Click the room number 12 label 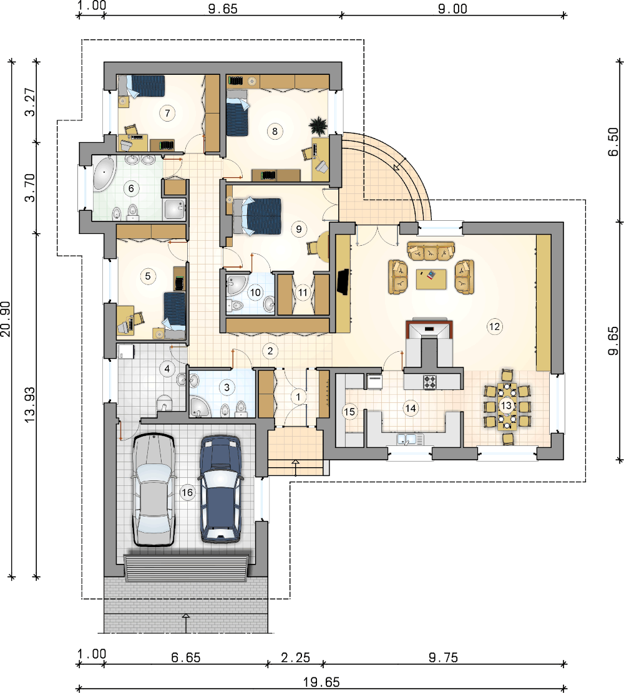tap(494, 327)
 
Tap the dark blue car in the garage tap(221, 489)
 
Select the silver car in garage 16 tap(153, 489)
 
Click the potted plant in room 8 tap(318, 125)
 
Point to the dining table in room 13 tap(506, 406)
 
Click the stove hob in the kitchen tap(430, 382)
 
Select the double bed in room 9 tap(257, 216)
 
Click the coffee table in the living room tap(431, 279)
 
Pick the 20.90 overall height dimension tap(6, 319)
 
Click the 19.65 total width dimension tap(321, 682)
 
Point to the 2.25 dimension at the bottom tap(295, 657)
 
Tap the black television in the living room tap(343, 282)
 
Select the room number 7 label tap(167, 113)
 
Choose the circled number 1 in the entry tap(298, 397)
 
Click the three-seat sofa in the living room tap(431, 251)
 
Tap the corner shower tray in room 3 tap(201, 407)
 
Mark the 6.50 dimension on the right tap(613, 142)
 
